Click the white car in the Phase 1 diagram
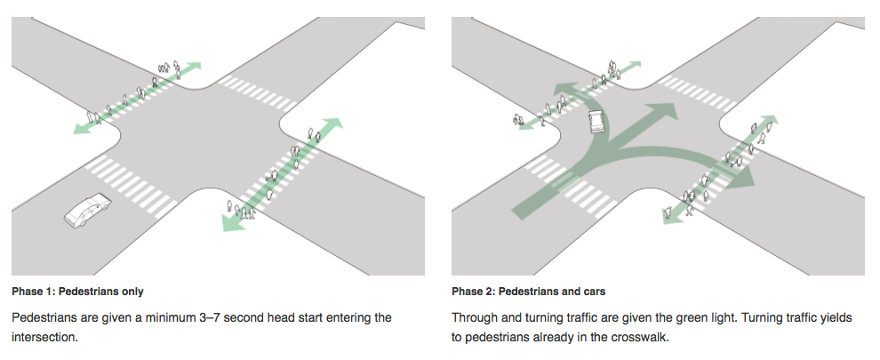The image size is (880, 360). click(x=87, y=213)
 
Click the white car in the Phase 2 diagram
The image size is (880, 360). click(x=595, y=122)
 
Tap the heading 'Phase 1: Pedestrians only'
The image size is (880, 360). click(x=77, y=292)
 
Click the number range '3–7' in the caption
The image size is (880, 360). click(x=236, y=317)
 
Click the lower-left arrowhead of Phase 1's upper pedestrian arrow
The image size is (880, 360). click(x=81, y=129)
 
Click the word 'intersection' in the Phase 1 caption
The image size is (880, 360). click(x=47, y=339)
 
